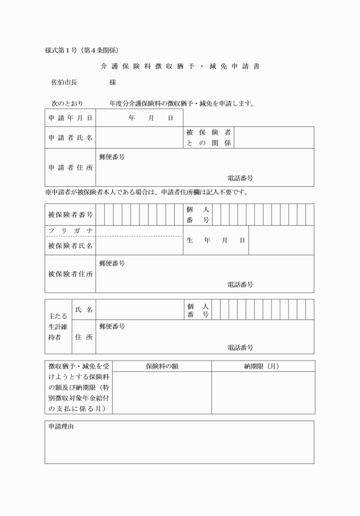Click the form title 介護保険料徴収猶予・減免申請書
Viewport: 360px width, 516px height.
(180, 66)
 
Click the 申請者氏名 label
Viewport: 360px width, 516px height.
(70, 138)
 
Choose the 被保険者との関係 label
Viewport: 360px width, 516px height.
(209, 138)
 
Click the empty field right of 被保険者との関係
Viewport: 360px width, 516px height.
(274, 138)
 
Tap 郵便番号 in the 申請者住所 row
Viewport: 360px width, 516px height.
(112, 156)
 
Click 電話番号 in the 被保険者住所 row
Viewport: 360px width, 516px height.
(240, 284)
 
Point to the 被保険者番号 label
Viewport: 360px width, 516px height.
(70, 215)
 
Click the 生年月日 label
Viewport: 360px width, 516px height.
(215, 241)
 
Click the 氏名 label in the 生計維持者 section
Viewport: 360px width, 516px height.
(84, 310)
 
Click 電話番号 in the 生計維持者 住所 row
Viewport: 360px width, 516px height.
(240, 347)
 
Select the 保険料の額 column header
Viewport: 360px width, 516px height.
(162, 366)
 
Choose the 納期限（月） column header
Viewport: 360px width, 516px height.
(262, 366)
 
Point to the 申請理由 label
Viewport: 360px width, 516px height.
(61, 427)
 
